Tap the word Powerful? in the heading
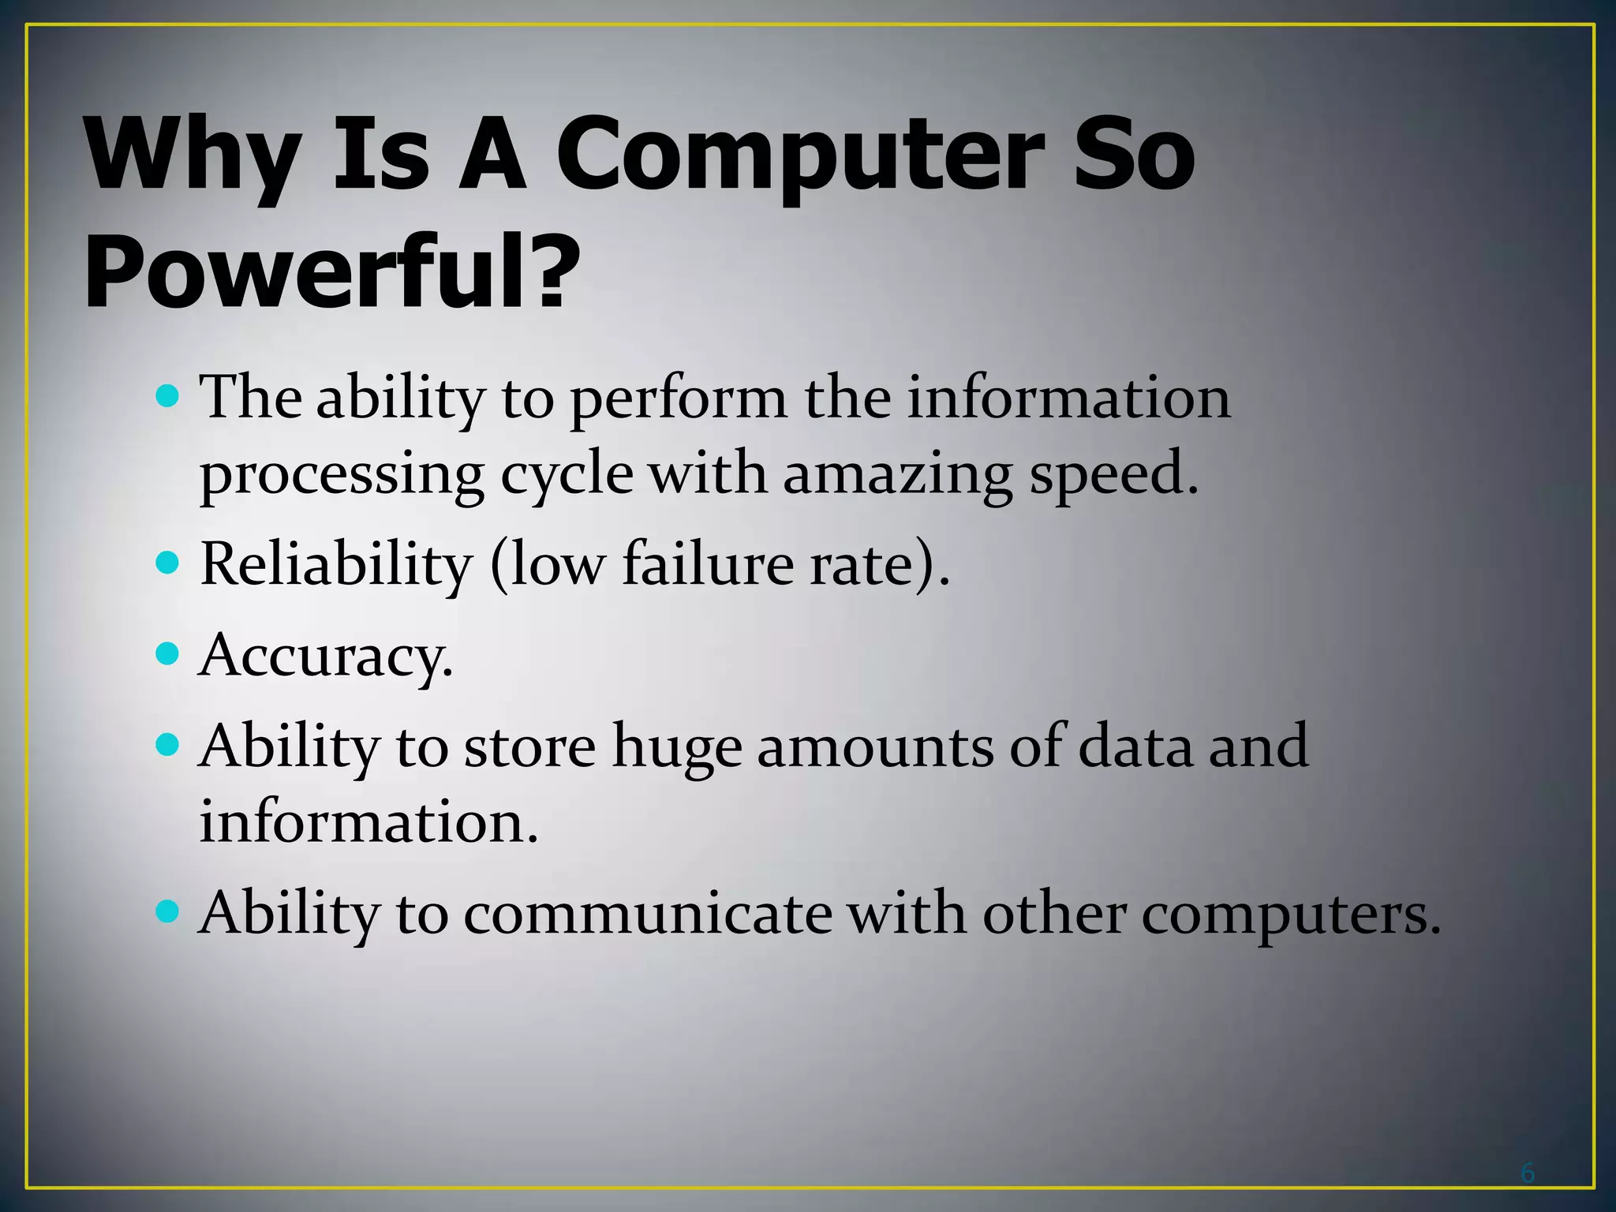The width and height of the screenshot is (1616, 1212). pos(331,272)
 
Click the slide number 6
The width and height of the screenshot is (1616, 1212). pos(1528,1173)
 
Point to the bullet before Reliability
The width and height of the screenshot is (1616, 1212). pos(167,563)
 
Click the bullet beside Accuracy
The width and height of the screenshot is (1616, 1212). pos(167,653)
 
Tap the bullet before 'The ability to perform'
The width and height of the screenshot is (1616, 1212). pos(167,395)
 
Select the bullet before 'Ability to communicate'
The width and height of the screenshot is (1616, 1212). pos(167,913)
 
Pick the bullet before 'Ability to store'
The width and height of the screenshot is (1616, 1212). pos(167,744)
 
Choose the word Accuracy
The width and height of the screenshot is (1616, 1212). pos(325,656)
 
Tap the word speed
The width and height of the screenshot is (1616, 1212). pos(1113,475)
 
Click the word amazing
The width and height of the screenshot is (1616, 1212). pos(897,477)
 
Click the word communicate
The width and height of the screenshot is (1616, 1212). pos(647,915)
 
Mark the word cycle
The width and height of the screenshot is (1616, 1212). pos(567,477)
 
